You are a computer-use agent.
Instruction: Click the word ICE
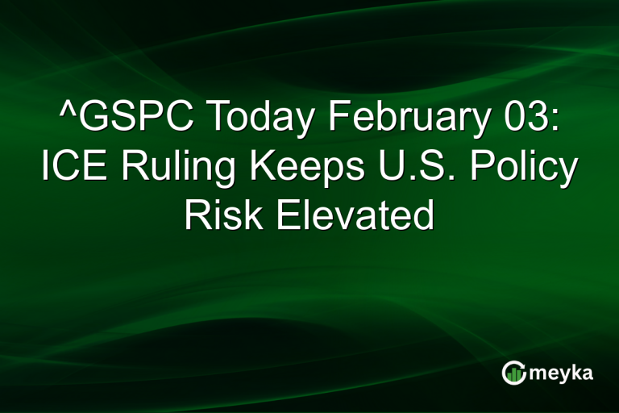72,168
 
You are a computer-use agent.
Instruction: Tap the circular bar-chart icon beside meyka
513,373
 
